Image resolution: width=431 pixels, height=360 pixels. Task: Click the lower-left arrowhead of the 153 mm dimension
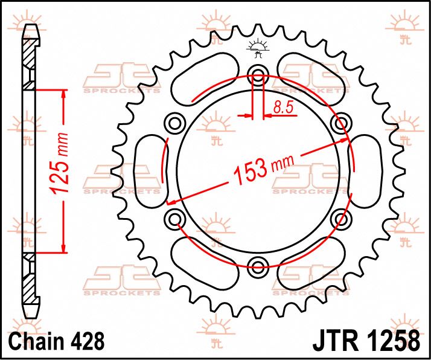pos(171,201)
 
